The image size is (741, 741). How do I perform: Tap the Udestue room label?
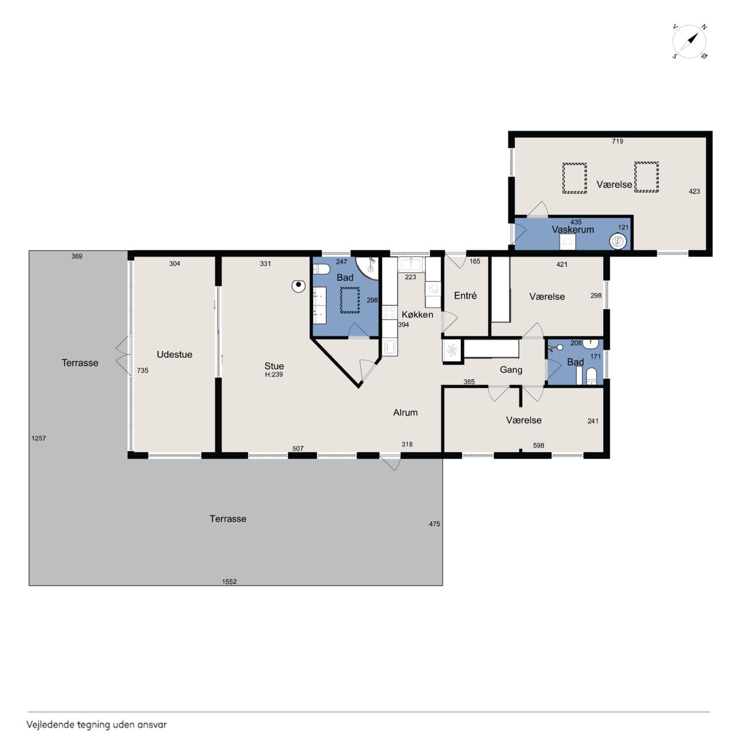pos(174,354)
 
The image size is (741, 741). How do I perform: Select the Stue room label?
pos(274,366)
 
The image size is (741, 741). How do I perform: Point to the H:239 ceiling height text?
pos(274,375)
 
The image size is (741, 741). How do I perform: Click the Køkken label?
pos(417,314)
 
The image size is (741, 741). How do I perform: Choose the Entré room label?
pos(465,295)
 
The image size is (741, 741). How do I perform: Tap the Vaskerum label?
pos(573,230)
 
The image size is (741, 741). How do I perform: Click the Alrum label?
pos(405,412)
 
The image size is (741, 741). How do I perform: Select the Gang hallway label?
pos(511,369)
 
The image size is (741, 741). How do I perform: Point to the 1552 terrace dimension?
pos(229,581)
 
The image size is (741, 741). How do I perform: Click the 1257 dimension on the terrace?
pos(38,438)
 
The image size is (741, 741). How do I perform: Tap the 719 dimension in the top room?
pos(617,141)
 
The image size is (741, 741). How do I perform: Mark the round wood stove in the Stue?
pos(298,286)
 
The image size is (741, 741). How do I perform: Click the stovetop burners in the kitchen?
pos(390,312)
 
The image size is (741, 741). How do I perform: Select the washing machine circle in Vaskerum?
pos(618,241)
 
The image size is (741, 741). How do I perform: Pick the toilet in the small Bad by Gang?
pos(592,376)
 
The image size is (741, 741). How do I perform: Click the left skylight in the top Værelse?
pos(574,178)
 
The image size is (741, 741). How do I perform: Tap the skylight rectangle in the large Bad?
pos(350,300)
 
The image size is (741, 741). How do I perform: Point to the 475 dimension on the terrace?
pos(434,524)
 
